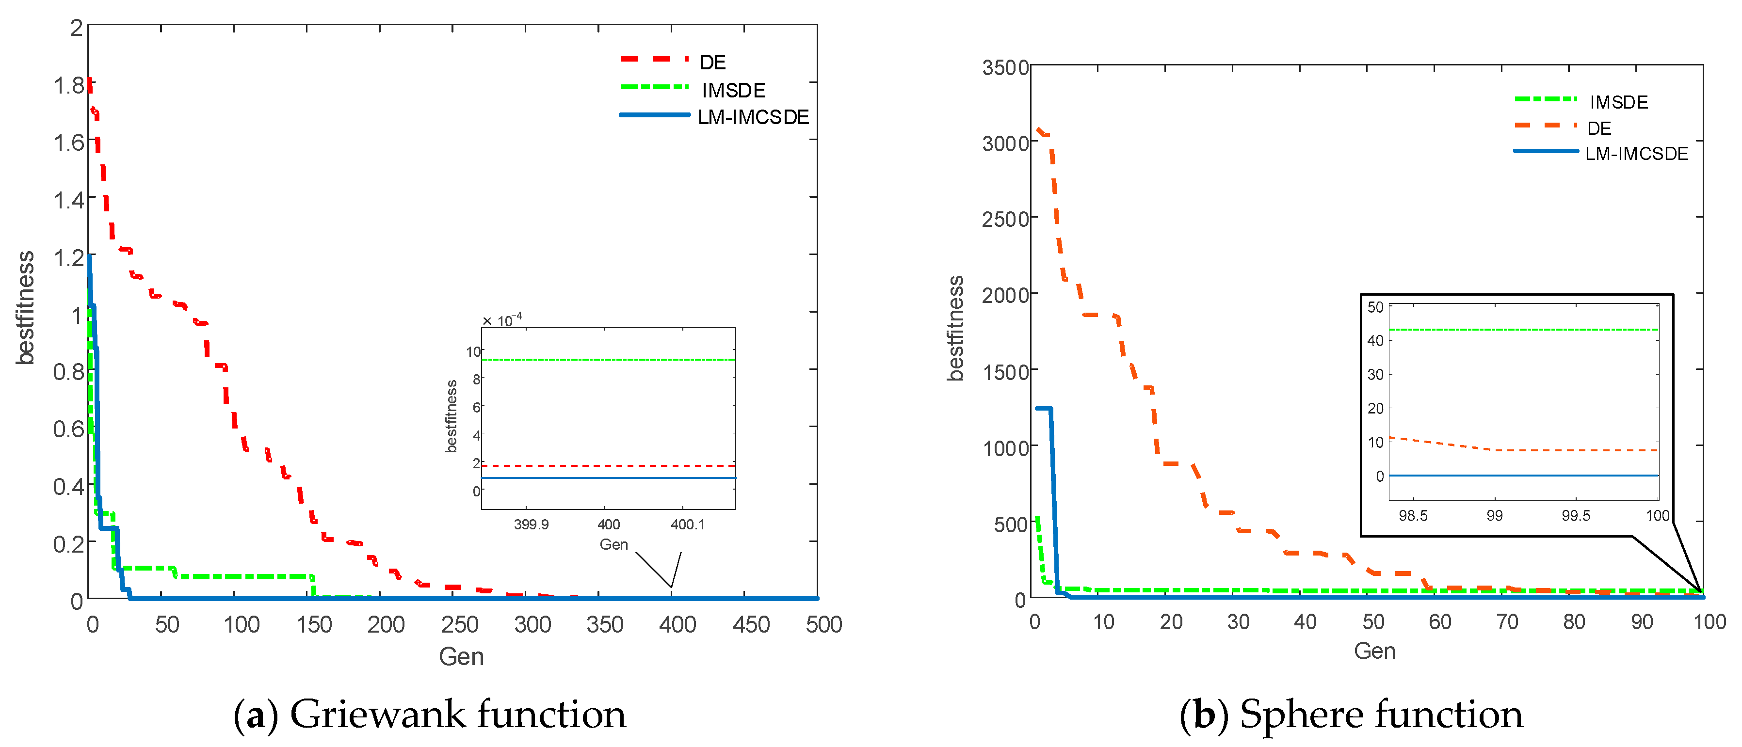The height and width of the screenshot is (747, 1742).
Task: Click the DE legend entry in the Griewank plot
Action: click(x=711, y=62)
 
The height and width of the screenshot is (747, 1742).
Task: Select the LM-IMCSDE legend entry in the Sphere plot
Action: click(x=1636, y=154)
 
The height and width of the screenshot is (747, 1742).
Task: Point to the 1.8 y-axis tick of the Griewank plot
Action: click(x=68, y=86)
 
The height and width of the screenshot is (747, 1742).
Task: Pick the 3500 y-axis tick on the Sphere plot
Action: click(x=1005, y=67)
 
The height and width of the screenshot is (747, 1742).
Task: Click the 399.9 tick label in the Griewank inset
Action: click(x=531, y=524)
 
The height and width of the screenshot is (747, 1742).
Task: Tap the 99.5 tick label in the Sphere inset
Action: click(x=1576, y=516)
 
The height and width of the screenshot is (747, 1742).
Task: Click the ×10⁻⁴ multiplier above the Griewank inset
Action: click(x=502, y=320)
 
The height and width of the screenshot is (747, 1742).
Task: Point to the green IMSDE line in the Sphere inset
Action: click(x=1521, y=330)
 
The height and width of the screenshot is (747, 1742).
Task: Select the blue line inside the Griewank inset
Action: click(x=609, y=478)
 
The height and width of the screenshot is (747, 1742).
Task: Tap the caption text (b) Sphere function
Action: click(x=1351, y=715)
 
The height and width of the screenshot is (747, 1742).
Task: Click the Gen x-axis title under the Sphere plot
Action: click(x=1374, y=651)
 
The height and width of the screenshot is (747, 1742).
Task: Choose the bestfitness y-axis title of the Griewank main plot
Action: click(x=25, y=308)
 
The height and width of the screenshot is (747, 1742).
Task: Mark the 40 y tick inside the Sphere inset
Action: click(x=1375, y=341)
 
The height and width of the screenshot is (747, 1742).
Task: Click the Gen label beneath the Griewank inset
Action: click(x=613, y=545)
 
